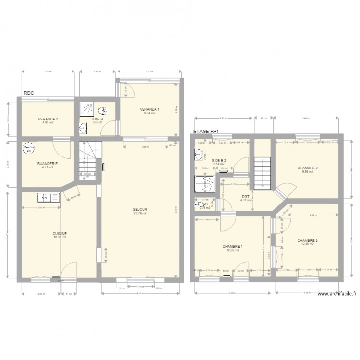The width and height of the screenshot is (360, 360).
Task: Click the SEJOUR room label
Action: (140, 209)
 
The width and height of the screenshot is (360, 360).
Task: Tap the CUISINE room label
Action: (60, 233)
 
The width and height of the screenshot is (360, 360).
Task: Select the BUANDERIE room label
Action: (48, 164)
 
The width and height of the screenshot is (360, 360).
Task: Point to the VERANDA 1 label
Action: (150, 109)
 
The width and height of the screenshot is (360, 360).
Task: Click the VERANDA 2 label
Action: (48, 119)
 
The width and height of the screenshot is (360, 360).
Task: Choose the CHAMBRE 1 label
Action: (232, 246)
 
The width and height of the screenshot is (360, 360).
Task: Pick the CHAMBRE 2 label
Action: (308, 168)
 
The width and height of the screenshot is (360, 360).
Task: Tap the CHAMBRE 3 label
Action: (307, 240)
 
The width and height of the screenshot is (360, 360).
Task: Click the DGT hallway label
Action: (246, 196)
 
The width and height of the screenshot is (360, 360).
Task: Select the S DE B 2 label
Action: (218, 160)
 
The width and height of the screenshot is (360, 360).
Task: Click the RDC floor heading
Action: (29, 94)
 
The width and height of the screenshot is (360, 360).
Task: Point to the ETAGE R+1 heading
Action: (206, 131)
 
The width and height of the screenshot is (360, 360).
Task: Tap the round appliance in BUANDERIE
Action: (27, 149)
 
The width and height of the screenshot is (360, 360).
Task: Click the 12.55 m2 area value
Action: (232, 250)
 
